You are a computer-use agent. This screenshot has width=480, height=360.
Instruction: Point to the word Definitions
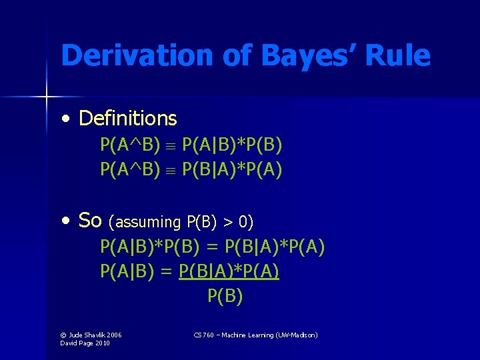pyautogui.click(x=127, y=119)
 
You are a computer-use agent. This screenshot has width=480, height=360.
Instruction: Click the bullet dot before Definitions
pyautogui.click(x=65, y=119)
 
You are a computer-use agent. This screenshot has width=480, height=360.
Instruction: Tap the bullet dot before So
pyautogui.click(x=65, y=219)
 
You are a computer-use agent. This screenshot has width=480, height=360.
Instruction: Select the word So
pyautogui.click(x=90, y=219)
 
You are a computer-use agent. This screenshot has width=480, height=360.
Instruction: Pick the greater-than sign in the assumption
pyautogui.click(x=231, y=221)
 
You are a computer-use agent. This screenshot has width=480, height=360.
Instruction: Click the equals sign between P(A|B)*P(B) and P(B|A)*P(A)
pyautogui.click(x=211, y=247)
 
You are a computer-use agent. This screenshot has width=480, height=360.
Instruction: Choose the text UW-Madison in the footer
pyautogui.click(x=297, y=335)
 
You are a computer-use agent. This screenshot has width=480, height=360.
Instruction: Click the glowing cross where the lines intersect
pyautogui.click(x=47, y=97)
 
